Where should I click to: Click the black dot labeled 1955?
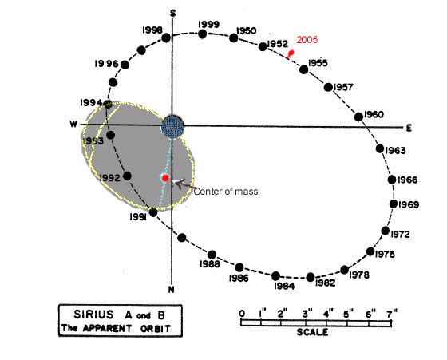(304, 69)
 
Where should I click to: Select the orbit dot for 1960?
(358, 117)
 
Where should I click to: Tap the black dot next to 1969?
(394, 204)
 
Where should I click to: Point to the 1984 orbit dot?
(275, 276)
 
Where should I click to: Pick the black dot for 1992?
(127, 176)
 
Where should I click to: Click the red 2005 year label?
(307, 40)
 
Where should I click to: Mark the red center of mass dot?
(165, 178)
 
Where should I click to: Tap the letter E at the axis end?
(409, 129)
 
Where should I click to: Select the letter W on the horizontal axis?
(73, 124)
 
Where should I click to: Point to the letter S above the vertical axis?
(172, 13)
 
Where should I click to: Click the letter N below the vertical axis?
(171, 290)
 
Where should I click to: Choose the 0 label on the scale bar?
(242, 314)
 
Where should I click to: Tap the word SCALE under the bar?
(312, 332)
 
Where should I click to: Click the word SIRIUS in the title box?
(93, 315)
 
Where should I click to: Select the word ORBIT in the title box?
(156, 329)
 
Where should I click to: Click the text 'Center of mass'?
(226, 192)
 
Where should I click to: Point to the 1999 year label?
(208, 25)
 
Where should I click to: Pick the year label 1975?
(385, 255)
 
